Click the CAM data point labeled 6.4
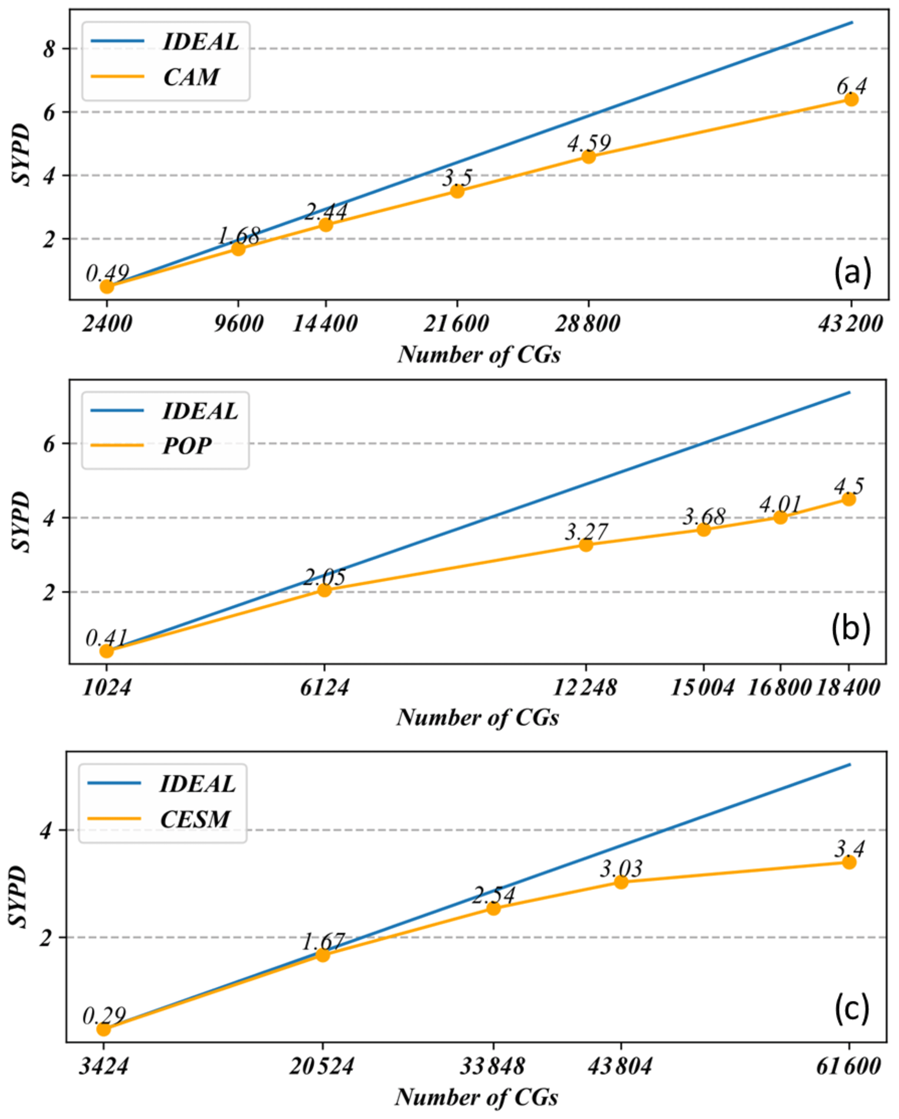(x=851, y=99)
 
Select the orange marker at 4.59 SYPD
(x=588, y=156)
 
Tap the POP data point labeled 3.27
(x=586, y=544)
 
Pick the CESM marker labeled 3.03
(x=621, y=882)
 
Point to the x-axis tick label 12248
(x=585, y=688)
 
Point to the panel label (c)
(x=851, y=1008)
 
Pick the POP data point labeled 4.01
(x=780, y=517)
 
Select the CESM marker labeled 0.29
(x=104, y=1029)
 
